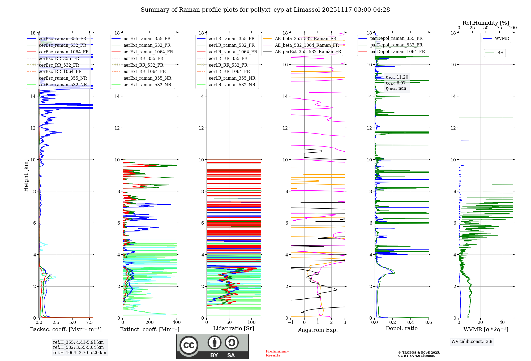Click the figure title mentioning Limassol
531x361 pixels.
click(265, 10)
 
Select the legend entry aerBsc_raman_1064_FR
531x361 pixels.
click(64, 52)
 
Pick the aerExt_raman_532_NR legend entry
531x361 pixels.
click(147, 85)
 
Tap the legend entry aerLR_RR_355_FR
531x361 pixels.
click(228, 58)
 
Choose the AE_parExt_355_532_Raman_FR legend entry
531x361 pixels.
click(308, 51)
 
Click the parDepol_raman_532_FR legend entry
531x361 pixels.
click(396, 45)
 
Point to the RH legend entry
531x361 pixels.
click(500, 53)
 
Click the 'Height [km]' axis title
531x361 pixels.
click(26, 175)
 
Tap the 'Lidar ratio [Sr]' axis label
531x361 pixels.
click(234, 328)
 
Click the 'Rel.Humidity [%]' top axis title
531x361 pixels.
click(486, 23)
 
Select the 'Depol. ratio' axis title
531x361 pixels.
click(401, 328)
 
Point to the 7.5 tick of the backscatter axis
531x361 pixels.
click(89, 323)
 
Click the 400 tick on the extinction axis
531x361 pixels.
click(177, 323)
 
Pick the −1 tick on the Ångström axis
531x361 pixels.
click(291, 323)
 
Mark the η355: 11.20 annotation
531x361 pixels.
click(397, 77)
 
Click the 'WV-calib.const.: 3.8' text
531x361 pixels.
click(472, 342)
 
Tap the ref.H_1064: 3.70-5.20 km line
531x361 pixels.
click(80, 353)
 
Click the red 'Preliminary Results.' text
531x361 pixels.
click(277, 353)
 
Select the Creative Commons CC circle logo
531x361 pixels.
click(189, 345)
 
